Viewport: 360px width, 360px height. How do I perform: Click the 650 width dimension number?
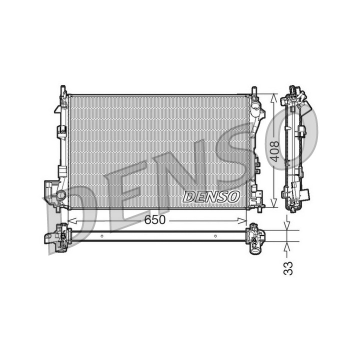[x=154, y=219]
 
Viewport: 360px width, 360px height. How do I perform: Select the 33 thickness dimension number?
[x=288, y=268]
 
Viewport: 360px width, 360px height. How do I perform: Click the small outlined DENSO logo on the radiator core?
[x=211, y=197]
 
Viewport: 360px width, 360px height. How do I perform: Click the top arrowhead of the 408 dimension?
[x=273, y=98]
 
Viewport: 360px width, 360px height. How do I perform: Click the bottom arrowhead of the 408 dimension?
[x=273, y=202]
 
